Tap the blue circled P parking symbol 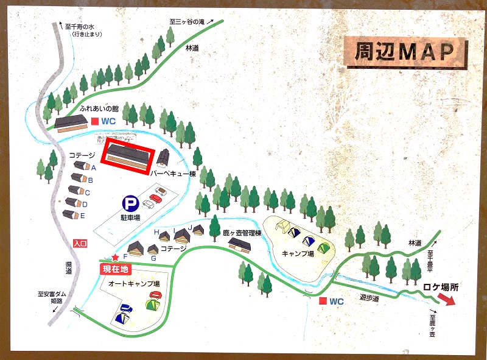(x=129, y=203)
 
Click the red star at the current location (x=114, y=258)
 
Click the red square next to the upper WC (x=95, y=121)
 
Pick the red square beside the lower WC (x=322, y=301)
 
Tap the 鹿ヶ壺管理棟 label (x=242, y=233)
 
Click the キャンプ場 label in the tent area (x=298, y=253)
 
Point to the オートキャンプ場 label (x=134, y=284)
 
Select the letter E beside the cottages (x=82, y=216)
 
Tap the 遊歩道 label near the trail (x=369, y=298)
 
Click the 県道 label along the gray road (x=69, y=268)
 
